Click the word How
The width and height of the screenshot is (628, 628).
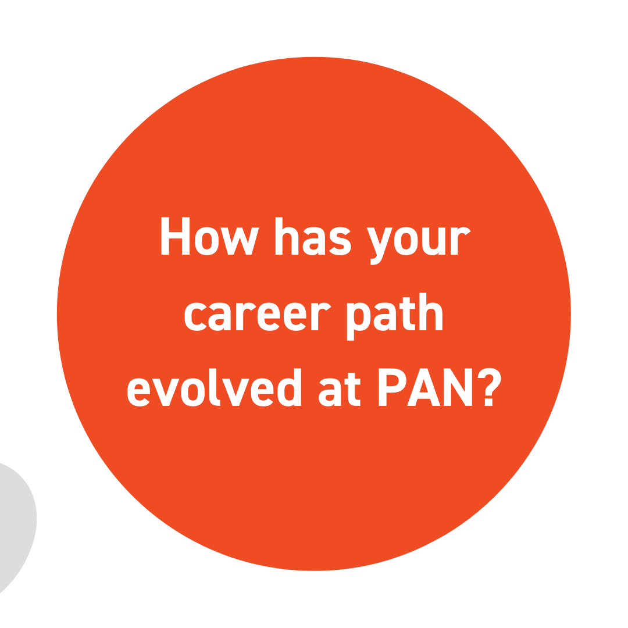coord(210,236)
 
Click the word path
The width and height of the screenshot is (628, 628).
coord(394,316)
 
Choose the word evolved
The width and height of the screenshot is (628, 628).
coord(214,387)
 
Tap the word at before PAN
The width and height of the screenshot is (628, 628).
coord(339,389)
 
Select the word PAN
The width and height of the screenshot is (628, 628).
coord(425,387)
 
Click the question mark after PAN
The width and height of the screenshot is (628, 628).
coord(489,387)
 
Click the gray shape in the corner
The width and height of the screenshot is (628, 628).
coord(16,524)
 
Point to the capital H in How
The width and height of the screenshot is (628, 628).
coord(175,236)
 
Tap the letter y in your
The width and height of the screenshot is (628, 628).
coord(379,246)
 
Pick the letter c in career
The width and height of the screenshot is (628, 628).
coord(195,316)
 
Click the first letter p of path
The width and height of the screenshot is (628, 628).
coord(358,321)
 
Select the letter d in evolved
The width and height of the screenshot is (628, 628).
coord(289,387)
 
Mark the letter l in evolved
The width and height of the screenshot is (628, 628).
coord(214,387)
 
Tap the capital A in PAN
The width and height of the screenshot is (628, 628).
coord(424,387)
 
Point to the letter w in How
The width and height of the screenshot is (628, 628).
coord(240,241)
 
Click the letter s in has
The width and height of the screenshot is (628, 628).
coord(340,241)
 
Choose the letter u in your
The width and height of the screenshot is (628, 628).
coord(434,241)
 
